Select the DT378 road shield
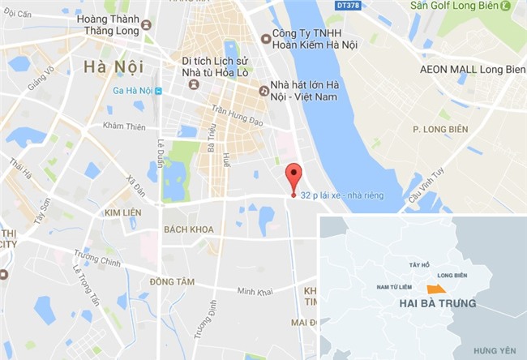tap(349, 6)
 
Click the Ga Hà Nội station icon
tap(158, 91)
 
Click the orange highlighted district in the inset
tap(436, 289)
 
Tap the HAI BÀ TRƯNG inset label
tap(438, 303)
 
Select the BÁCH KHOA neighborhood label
tap(189, 229)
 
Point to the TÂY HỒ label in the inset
tap(418, 264)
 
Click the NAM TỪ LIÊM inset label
tap(396, 287)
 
